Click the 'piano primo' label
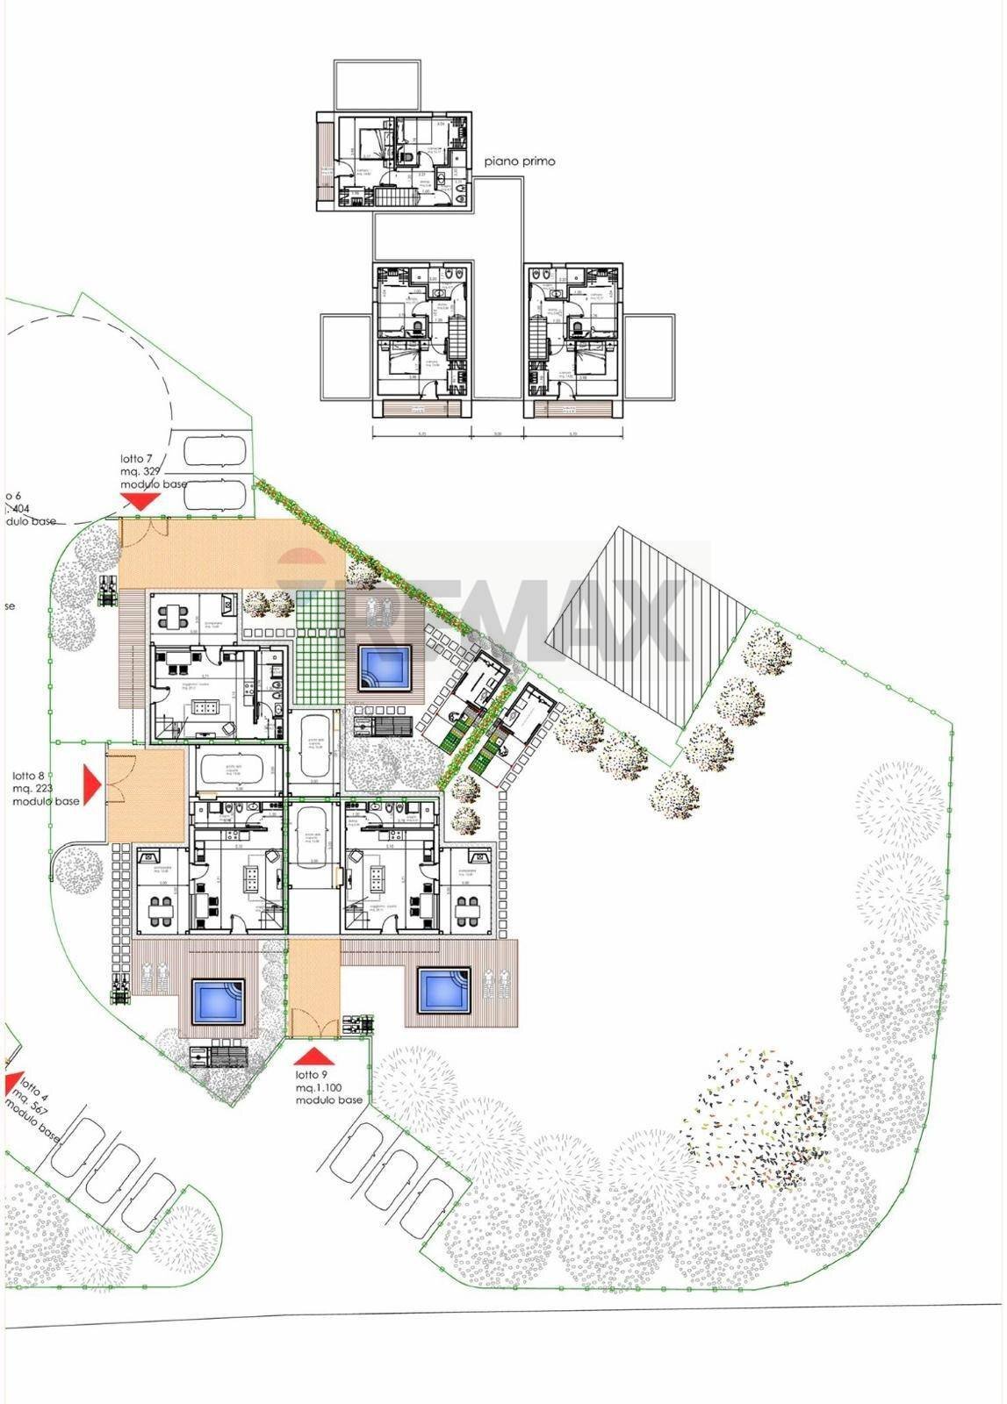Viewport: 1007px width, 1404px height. click(520, 161)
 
